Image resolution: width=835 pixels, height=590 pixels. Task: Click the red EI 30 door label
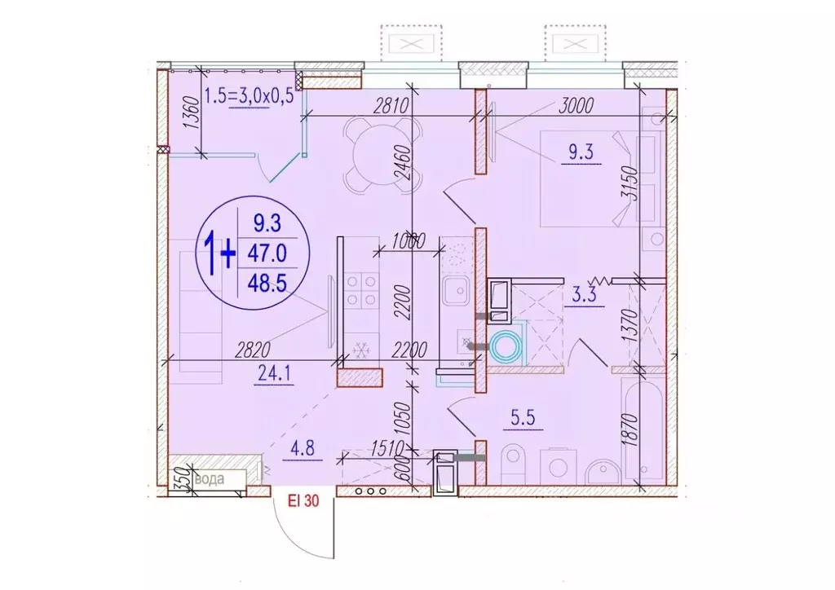point(303,500)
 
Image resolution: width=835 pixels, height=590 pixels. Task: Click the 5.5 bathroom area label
point(523,417)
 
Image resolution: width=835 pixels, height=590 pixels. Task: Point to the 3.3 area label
point(584,295)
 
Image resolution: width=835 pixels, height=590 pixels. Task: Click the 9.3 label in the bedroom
point(581,152)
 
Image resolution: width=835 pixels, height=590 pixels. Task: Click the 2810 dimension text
point(391,106)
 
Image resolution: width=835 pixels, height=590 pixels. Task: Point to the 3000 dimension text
point(576,106)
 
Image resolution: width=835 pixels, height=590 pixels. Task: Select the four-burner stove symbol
point(361,290)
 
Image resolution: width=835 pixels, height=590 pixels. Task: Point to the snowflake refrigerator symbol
point(361,350)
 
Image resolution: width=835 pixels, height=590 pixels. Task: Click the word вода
point(210,479)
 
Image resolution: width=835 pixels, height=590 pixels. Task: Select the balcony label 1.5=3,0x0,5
point(249,96)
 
